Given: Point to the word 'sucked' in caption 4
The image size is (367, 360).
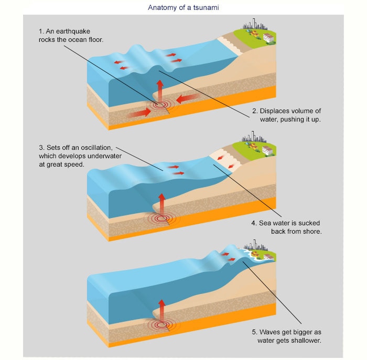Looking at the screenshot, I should click(x=309, y=223).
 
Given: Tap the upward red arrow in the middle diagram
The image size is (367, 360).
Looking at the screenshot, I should click(x=161, y=204).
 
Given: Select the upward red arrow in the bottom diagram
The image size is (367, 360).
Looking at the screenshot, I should click(x=162, y=310).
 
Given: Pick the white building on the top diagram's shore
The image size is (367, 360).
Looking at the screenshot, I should click(x=268, y=38).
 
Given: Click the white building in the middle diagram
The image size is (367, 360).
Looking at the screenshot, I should click(x=267, y=151).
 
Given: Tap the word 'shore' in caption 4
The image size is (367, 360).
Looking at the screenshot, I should click(x=311, y=231).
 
